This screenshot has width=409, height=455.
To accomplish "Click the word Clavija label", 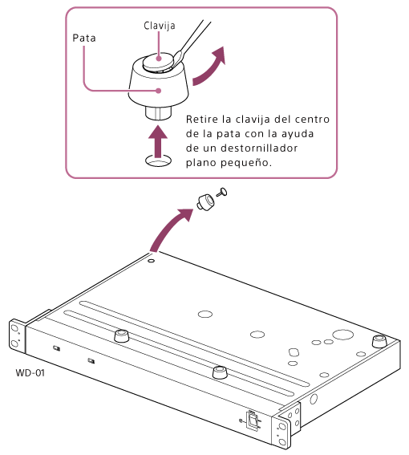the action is (x=160, y=26).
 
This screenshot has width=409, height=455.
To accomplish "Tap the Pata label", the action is (x=84, y=38).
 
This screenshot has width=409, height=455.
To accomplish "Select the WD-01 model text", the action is (x=30, y=372).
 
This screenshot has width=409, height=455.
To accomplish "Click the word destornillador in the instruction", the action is (x=259, y=148).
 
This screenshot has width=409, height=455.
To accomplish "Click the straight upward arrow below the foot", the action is (x=158, y=141).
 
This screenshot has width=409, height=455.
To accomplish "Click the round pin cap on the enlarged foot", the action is (x=158, y=62).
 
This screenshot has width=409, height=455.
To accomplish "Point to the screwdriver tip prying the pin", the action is (x=176, y=58).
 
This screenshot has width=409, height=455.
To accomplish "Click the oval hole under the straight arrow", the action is (x=158, y=160).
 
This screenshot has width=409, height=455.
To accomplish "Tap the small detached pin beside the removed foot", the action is (x=222, y=192).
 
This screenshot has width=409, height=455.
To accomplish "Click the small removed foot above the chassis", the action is (x=205, y=202).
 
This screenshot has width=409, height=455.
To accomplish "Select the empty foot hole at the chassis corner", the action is (x=151, y=261).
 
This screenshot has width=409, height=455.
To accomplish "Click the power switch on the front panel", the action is (x=253, y=420).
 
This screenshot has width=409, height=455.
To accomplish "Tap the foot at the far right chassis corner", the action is (x=379, y=341).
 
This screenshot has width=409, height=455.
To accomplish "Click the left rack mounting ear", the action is (x=17, y=336).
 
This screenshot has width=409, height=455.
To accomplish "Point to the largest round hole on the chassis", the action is (x=343, y=335).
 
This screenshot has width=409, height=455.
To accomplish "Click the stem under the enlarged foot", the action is (x=158, y=113).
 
